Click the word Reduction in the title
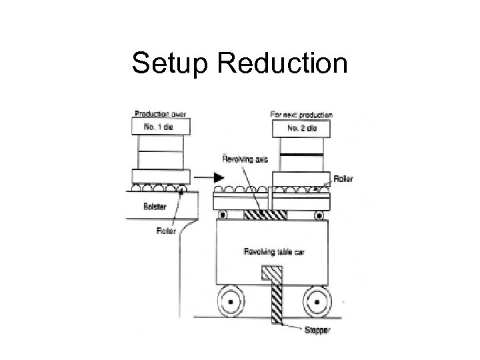[x=281, y=64]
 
